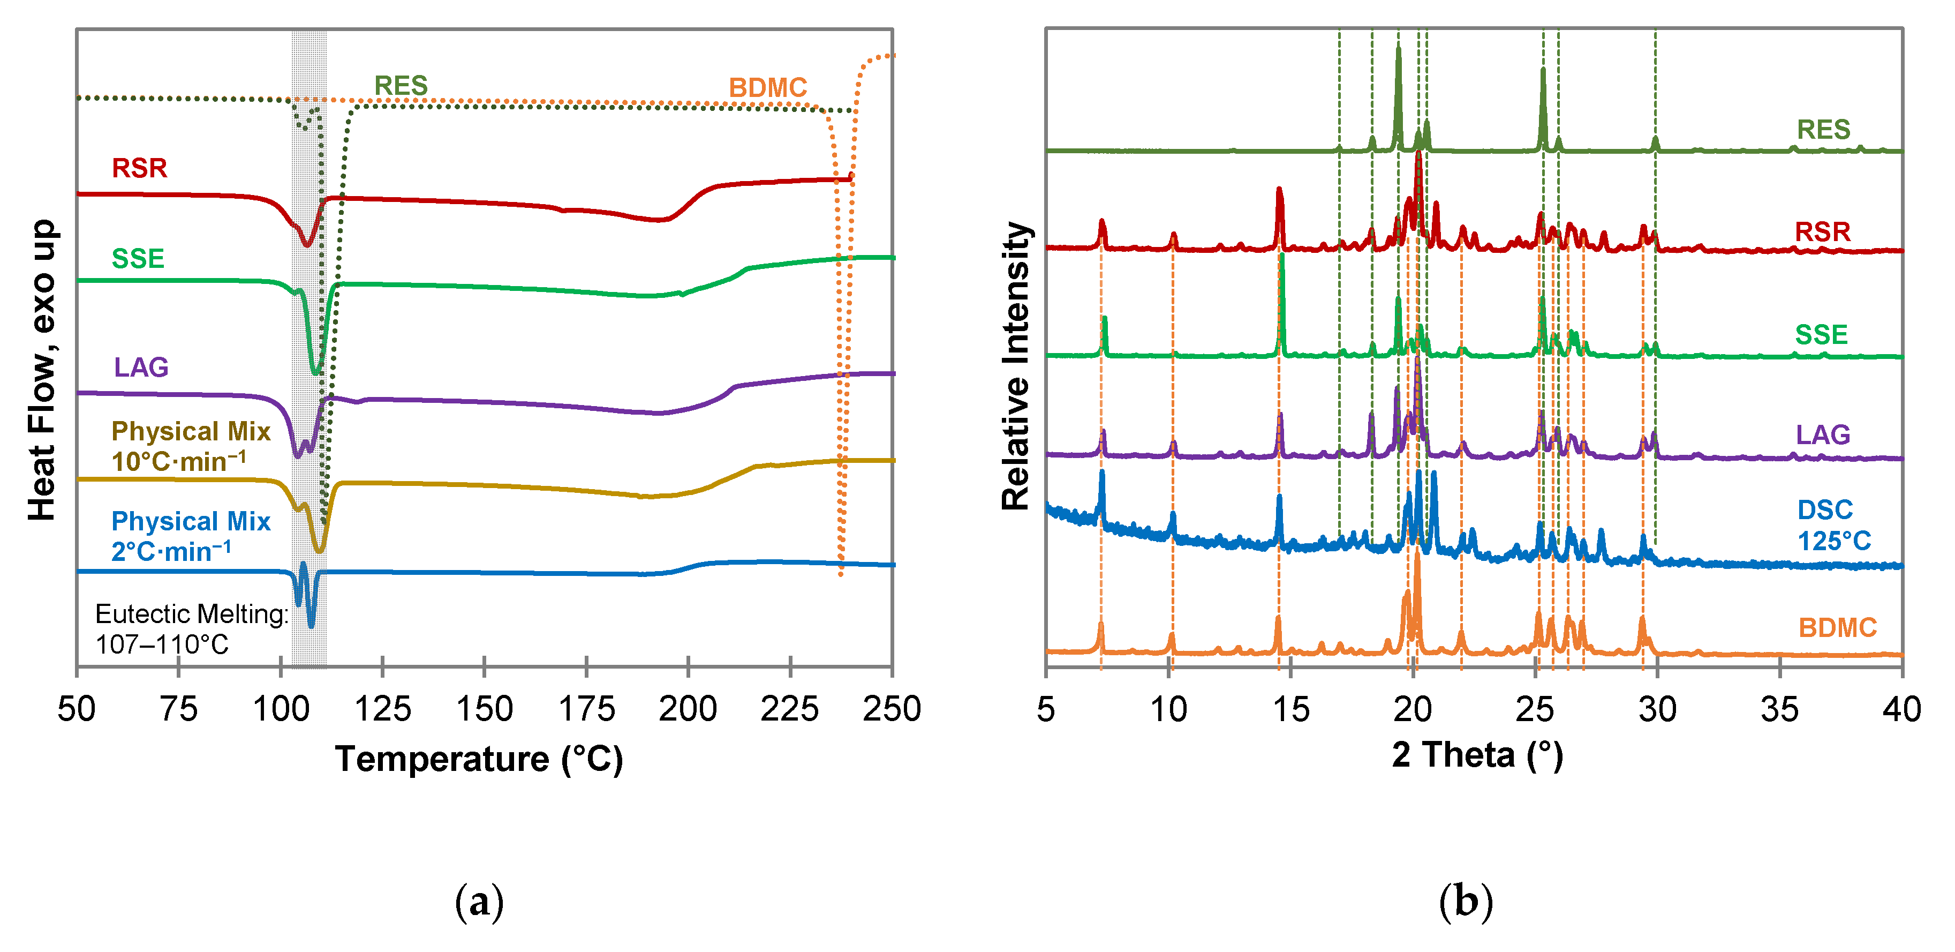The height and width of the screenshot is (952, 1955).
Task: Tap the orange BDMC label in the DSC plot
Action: pyautogui.click(x=767, y=88)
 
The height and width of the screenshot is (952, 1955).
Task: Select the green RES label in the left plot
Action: pyautogui.click(x=401, y=86)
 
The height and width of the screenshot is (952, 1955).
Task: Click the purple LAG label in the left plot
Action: pyautogui.click(x=141, y=368)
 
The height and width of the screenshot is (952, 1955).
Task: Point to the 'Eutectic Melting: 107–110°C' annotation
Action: pyautogui.click(x=191, y=628)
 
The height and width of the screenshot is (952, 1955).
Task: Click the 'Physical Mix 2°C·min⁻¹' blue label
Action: pyautogui.click(x=191, y=536)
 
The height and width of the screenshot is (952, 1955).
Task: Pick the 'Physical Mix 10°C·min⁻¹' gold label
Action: pyautogui.click(x=191, y=446)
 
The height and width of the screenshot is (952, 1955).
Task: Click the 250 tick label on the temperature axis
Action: pyautogui.click(x=891, y=710)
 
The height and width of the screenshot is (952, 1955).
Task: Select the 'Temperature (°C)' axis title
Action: pyautogui.click(x=479, y=759)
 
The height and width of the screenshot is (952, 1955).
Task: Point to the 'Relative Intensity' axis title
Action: pyautogui.click(x=1015, y=366)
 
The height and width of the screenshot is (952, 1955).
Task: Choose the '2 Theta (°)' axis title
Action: pyautogui.click(x=1477, y=755)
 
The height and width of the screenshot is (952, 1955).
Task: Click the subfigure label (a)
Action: pyautogui.click(x=479, y=902)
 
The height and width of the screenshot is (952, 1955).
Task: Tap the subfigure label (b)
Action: pyautogui.click(x=1466, y=902)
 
